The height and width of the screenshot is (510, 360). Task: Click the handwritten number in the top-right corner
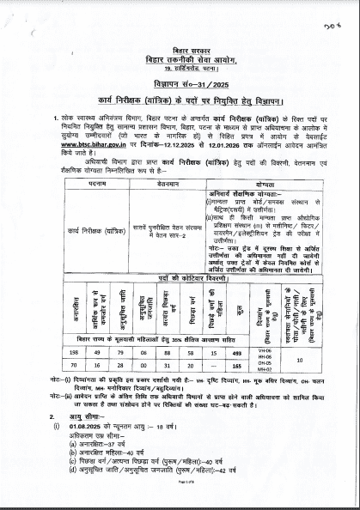327,25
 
